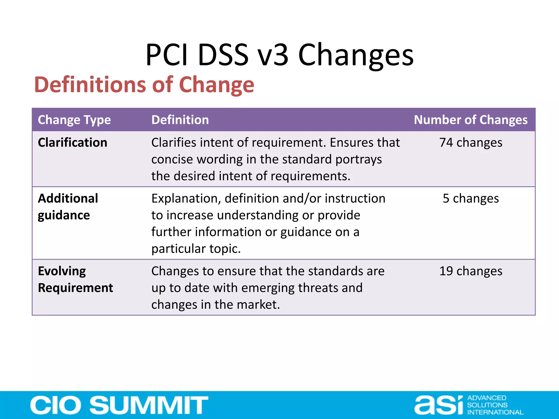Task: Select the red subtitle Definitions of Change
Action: (144, 85)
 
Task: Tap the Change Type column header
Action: (74, 120)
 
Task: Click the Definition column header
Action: (180, 120)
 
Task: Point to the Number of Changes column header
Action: (471, 120)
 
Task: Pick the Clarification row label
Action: (73, 142)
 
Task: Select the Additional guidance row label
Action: (68, 206)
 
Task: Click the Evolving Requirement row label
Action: (75, 279)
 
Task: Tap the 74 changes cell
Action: (471, 142)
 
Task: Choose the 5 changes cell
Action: (471, 198)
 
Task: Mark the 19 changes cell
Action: (471, 271)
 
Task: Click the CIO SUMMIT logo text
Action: (119, 405)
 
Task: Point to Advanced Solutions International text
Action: (495, 405)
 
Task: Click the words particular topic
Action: (196, 249)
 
